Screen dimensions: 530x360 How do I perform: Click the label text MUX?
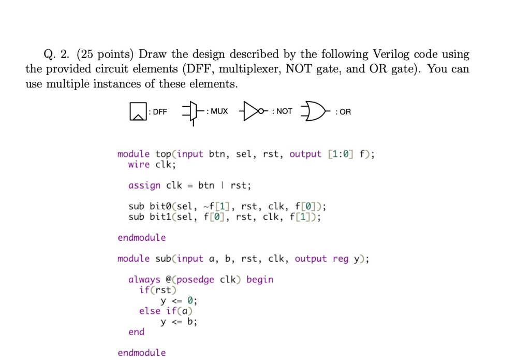point(219,111)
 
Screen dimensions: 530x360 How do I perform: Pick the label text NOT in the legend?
point(284,111)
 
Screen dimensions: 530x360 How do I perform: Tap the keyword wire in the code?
point(139,165)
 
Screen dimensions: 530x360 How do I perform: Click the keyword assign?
point(144,185)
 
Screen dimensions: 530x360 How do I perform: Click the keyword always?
point(144,280)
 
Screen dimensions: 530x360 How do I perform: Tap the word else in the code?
point(150,311)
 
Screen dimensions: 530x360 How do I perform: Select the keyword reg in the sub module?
point(341,258)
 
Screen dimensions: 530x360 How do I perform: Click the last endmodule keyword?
point(142,353)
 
